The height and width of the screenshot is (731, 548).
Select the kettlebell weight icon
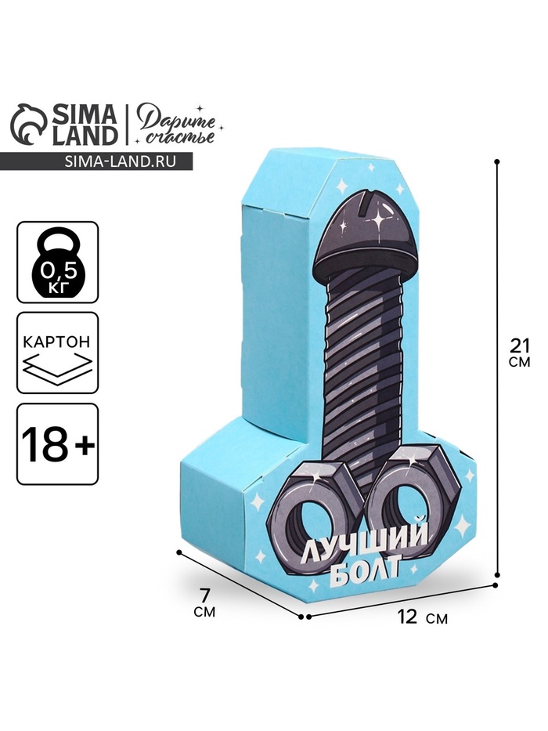click(57, 262)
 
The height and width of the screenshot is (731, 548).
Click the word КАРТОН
click(57, 342)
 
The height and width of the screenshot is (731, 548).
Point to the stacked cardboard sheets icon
click(57, 369)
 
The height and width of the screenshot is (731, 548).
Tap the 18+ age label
click(57, 443)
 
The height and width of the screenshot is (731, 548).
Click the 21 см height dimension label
click(520, 353)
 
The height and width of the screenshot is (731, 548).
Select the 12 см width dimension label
click(422, 617)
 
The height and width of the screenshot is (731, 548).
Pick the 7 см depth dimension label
click(204, 603)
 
